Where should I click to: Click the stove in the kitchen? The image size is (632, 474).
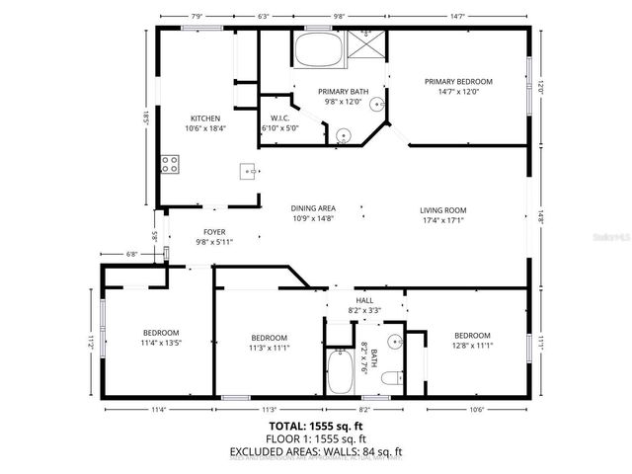pyautogui.click(x=170, y=164)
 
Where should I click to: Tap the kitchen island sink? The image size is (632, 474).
pyautogui.click(x=248, y=171)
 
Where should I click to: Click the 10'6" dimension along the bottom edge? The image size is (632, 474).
pyautogui.click(x=477, y=410)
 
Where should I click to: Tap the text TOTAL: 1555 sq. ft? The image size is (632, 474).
pyautogui.click(x=316, y=427)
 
